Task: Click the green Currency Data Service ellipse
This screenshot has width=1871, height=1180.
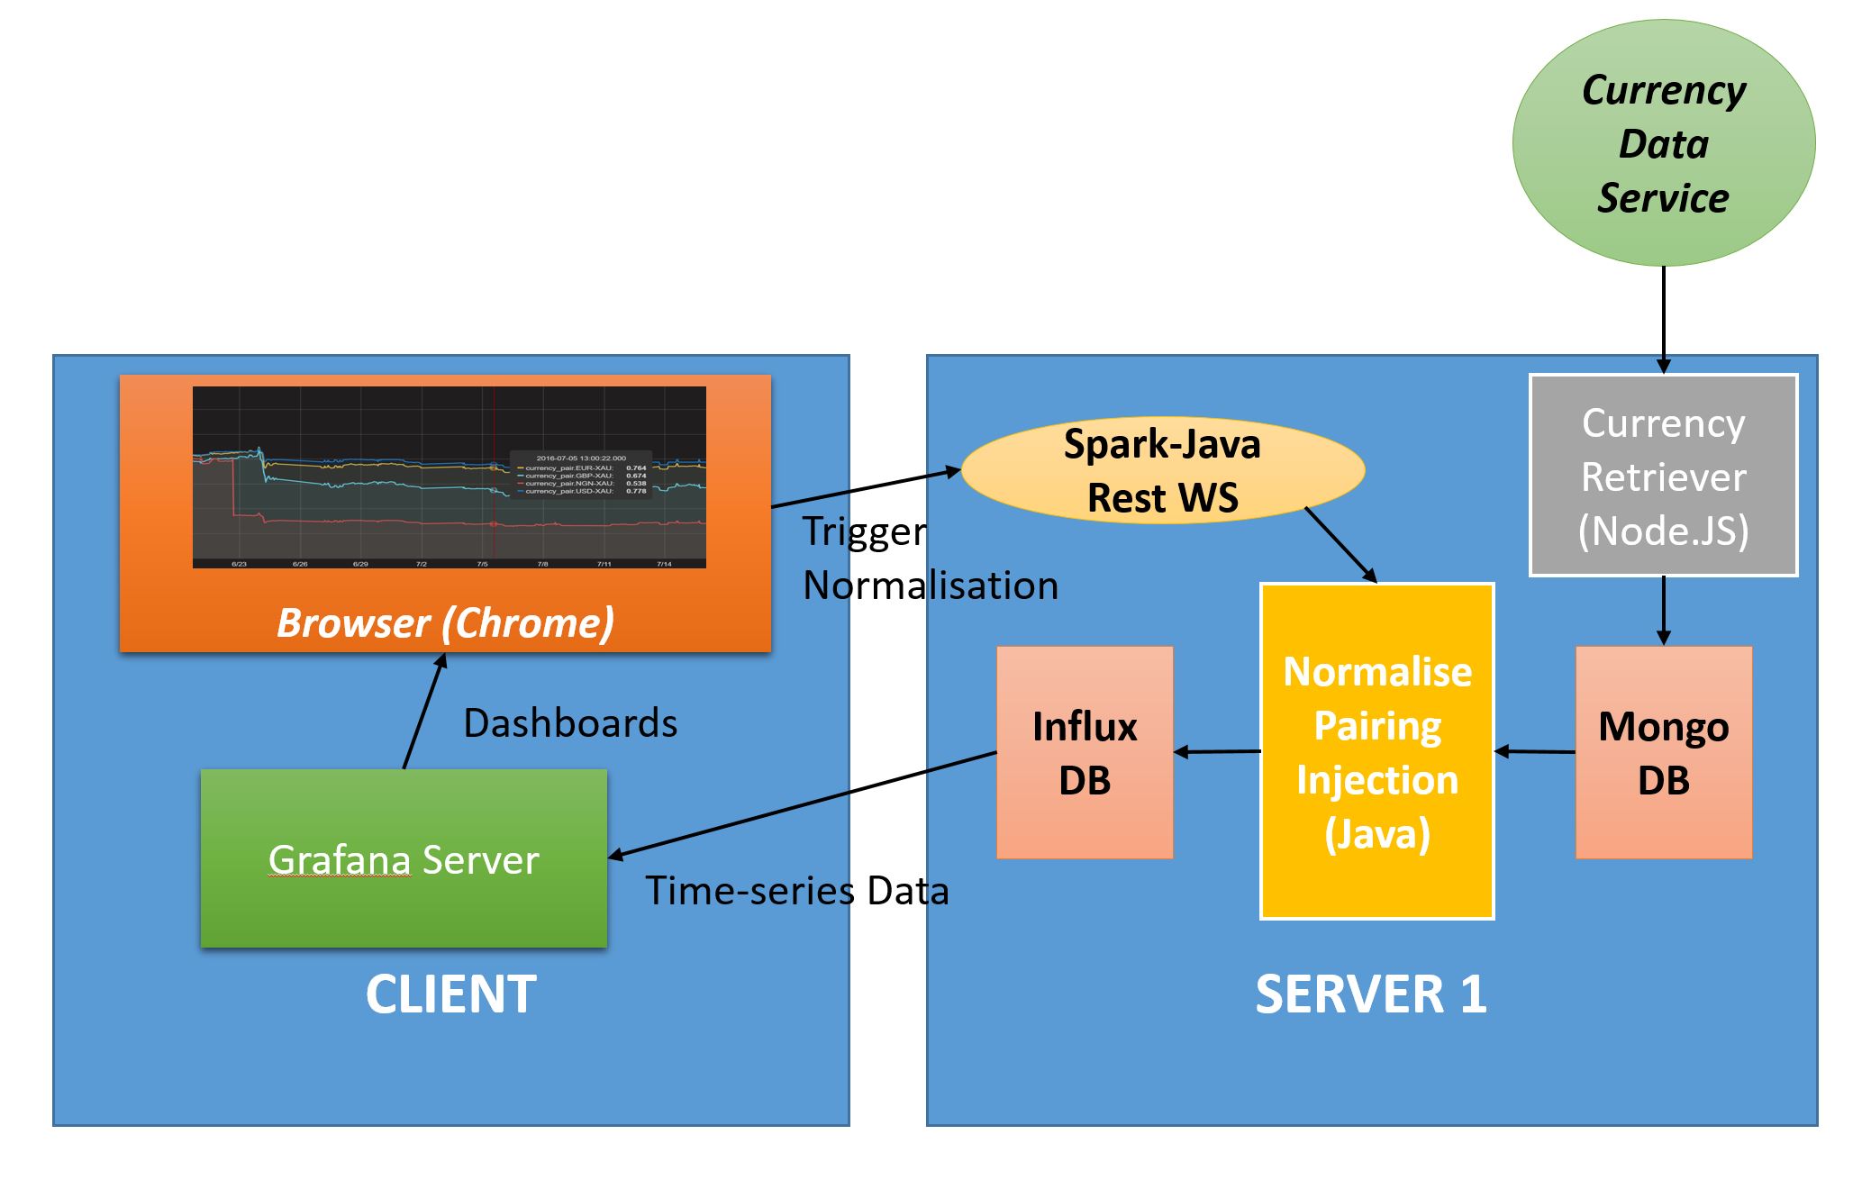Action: click(1663, 143)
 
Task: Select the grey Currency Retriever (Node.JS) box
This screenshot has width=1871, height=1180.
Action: click(1663, 476)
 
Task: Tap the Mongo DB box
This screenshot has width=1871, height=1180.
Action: click(1663, 752)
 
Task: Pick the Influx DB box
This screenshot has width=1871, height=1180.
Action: click(1085, 752)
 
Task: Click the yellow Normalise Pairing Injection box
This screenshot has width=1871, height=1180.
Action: click(1376, 751)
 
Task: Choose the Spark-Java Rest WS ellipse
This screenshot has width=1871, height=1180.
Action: click(1162, 470)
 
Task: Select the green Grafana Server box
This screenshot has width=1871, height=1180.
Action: click(404, 858)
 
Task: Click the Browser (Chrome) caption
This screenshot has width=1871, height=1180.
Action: click(445, 622)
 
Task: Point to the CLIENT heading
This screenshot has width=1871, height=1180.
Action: click(450, 994)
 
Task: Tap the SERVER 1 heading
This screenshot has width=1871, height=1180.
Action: click(1370, 994)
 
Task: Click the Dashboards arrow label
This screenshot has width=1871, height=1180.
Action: click(570, 723)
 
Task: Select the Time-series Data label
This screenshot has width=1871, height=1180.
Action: click(797, 891)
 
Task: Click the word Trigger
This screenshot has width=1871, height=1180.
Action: click(864, 531)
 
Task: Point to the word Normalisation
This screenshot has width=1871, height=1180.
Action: click(931, 585)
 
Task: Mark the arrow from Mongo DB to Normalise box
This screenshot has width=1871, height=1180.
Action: click(1535, 751)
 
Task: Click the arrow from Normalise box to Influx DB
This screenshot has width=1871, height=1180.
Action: click(1217, 751)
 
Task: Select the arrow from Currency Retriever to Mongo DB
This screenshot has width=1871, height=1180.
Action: click(1663, 611)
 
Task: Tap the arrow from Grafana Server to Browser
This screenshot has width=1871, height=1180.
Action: click(424, 712)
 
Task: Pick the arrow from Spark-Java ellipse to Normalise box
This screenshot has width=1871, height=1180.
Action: click(1340, 545)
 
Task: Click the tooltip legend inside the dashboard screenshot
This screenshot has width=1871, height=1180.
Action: click(581, 474)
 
